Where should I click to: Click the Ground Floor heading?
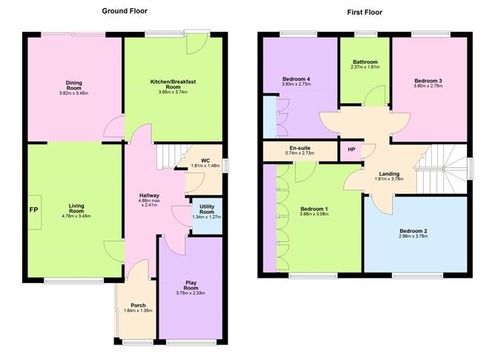point(124,11)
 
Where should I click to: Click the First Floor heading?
point(365,13)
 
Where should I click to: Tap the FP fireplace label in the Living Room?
point(34,210)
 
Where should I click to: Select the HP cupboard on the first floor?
point(351,150)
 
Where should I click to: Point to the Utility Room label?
point(207,209)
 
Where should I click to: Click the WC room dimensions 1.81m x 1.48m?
point(205,165)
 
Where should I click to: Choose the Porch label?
point(139,305)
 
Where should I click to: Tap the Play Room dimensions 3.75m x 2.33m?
point(190,293)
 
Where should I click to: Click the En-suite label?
point(300,148)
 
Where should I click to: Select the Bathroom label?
point(365,61)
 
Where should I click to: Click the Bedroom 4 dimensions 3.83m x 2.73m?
point(296,84)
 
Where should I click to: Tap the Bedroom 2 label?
point(413,230)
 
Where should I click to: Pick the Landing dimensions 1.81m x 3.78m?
point(389,179)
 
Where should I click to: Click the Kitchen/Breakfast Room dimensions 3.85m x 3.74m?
point(173,92)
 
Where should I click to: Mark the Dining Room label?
point(74,85)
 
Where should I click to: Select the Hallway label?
point(150,196)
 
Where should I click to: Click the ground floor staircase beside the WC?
point(170,156)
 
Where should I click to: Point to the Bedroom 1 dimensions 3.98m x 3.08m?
point(314,214)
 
